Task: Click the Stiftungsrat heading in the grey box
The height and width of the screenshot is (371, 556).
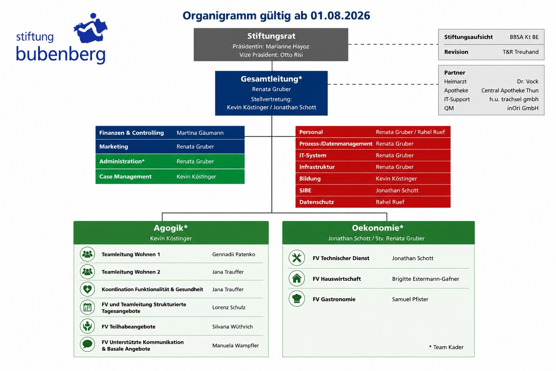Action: click(271, 36)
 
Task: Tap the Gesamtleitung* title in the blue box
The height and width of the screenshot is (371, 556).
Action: click(271, 79)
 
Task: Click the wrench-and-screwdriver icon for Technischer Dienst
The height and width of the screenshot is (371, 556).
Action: click(296, 258)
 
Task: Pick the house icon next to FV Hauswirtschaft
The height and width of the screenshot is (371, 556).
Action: click(296, 278)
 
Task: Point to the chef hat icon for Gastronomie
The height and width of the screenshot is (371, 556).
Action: click(296, 299)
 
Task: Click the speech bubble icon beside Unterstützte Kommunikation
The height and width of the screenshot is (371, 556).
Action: click(87, 344)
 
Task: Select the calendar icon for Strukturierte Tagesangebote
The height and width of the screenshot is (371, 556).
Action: click(87, 307)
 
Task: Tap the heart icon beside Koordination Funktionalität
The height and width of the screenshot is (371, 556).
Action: click(87, 289)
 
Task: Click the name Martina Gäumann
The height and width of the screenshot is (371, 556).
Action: click(200, 133)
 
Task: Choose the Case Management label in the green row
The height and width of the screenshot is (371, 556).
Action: click(125, 176)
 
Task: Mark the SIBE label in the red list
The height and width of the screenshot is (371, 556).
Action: click(305, 190)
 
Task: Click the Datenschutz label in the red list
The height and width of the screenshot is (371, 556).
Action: click(316, 202)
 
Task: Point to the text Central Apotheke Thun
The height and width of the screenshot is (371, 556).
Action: click(510, 91)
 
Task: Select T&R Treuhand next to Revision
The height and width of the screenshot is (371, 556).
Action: click(521, 52)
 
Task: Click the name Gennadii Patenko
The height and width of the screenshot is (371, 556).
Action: click(233, 254)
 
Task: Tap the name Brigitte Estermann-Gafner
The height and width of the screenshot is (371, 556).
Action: click(425, 279)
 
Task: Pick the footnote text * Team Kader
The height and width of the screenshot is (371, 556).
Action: click(446, 347)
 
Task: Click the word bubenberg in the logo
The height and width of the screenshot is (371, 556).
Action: click(61, 54)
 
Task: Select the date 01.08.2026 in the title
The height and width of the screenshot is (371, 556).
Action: click(340, 16)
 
